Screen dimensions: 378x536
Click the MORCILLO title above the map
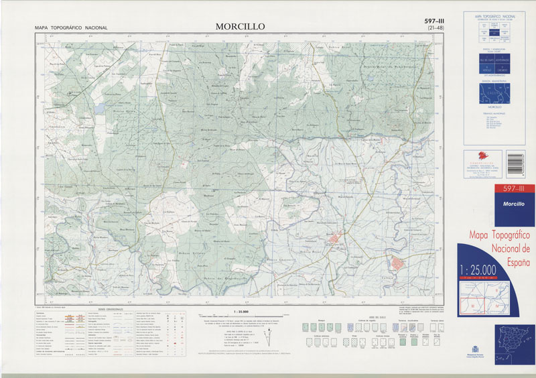click(241, 26)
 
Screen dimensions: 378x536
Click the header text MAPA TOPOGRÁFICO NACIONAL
click(71, 27)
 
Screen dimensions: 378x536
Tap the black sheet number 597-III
click(435, 21)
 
